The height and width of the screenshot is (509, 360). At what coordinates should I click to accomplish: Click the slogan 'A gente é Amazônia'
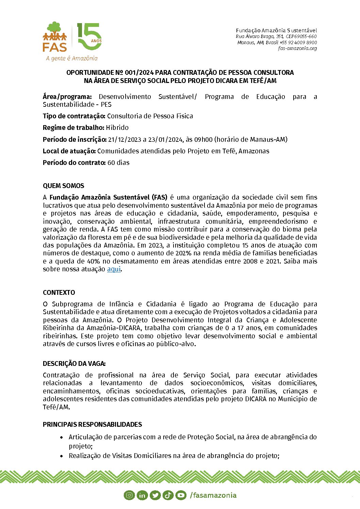click(x=72, y=58)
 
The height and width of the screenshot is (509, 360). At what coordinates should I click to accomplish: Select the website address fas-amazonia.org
click(x=297, y=48)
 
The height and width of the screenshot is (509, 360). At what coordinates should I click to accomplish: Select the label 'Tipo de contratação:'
click(x=74, y=116)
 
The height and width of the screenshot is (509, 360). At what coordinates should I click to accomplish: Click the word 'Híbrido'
click(x=117, y=128)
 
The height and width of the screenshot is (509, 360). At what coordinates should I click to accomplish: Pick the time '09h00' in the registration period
click(x=203, y=139)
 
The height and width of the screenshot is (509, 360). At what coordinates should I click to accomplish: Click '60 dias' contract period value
click(x=118, y=163)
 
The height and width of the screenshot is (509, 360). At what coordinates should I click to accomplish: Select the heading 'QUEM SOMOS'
click(x=63, y=186)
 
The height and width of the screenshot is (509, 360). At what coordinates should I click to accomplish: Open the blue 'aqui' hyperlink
click(x=114, y=269)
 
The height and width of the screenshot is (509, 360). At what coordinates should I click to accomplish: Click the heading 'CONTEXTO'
click(x=59, y=292)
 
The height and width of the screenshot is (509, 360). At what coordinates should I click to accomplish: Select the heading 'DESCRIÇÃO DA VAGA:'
click(x=74, y=363)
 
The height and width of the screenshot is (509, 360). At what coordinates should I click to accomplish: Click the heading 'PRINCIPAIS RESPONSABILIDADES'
click(x=92, y=424)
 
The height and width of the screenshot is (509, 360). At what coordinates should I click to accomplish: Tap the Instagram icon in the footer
click(x=129, y=495)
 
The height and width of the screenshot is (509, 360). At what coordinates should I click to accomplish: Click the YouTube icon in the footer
click(x=181, y=495)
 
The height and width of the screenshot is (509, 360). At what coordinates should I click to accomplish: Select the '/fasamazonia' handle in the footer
click(x=213, y=495)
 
